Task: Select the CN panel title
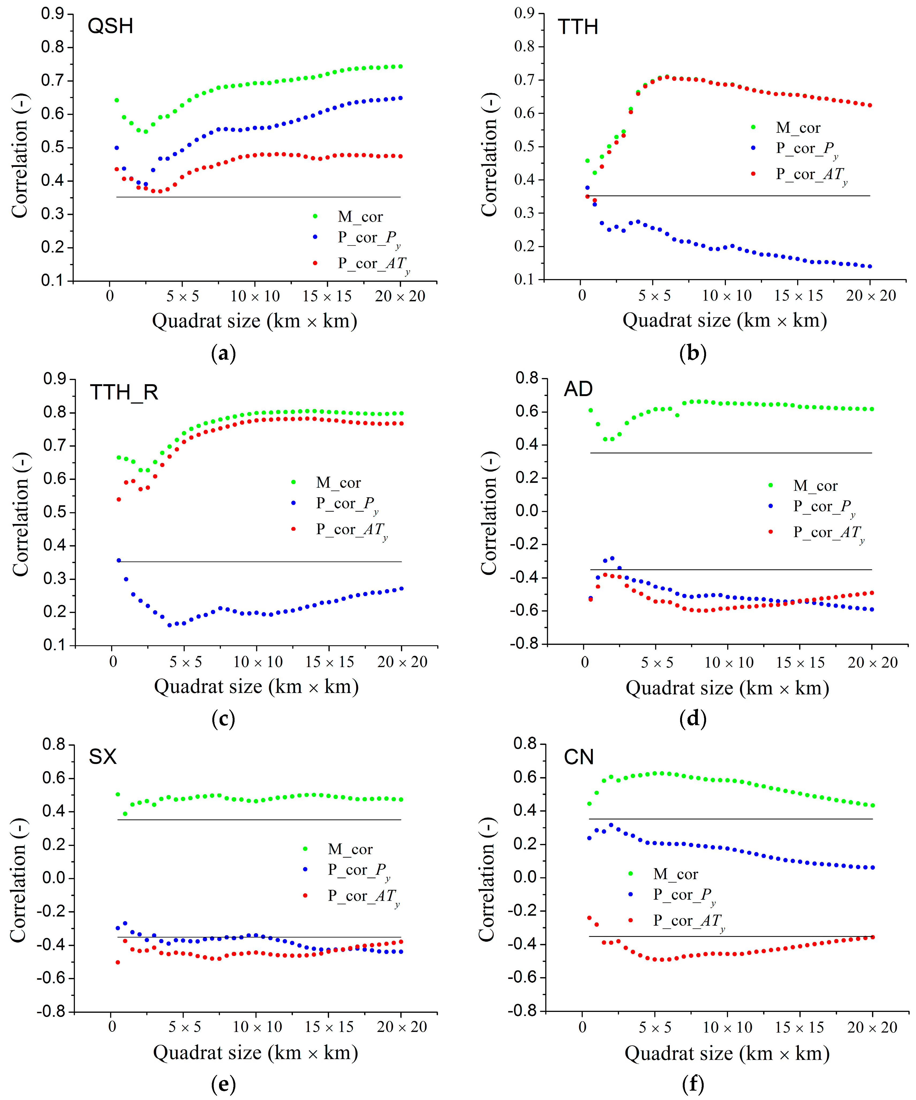click(579, 757)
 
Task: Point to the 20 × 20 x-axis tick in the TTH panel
click(871, 295)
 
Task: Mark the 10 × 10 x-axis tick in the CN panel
click(727, 1027)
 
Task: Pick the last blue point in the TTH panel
click(870, 266)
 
